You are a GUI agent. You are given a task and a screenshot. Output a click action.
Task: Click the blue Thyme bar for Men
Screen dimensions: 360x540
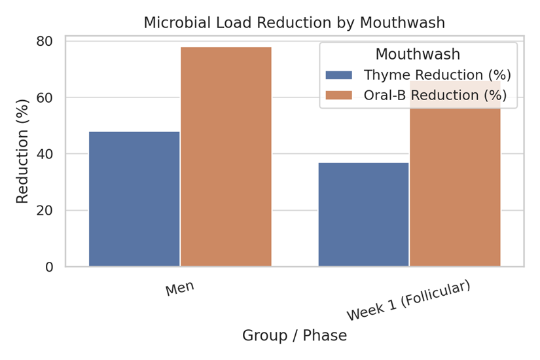click(x=134, y=199)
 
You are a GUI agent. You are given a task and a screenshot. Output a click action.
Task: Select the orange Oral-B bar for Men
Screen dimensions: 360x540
click(x=226, y=157)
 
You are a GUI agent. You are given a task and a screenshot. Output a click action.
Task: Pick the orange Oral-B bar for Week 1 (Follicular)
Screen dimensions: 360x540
click(x=455, y=190)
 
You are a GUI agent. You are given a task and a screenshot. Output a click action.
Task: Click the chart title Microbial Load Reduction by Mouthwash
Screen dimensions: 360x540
click(x=294, y=22)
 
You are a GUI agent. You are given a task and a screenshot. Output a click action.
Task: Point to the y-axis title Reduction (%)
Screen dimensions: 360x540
click(x=22, y=151)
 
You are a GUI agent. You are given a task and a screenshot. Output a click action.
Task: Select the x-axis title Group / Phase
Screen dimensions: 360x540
click(x=294, y=336)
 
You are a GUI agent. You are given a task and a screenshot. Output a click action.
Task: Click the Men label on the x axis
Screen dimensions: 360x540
click(x=179, y=288)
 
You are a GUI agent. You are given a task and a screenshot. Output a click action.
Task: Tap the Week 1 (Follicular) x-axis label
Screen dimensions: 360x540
click(x=408, y=300)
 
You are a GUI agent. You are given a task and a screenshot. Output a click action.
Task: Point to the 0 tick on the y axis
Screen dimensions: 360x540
click(x=50, y=267)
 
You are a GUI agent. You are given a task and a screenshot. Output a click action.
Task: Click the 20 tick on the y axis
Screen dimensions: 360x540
click(x=46, y=211)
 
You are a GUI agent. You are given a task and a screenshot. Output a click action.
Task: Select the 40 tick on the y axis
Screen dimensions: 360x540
click(x=46, y=154)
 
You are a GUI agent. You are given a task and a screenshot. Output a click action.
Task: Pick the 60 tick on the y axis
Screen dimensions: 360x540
click(x=46, y=98)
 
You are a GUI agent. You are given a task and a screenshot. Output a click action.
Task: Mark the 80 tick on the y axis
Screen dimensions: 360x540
click(x=46, y=41)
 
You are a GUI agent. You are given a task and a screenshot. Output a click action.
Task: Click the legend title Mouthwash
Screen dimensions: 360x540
click(x=418, y=54)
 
